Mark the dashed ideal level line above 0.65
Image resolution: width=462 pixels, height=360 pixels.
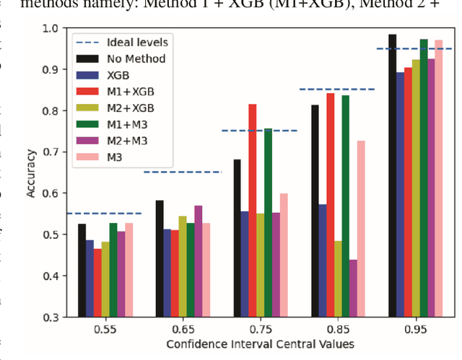pos(182,172)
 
